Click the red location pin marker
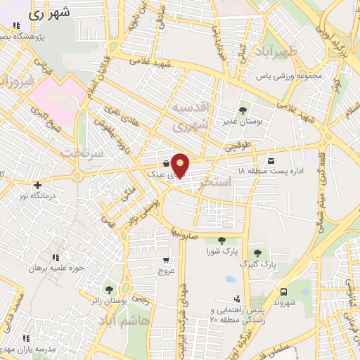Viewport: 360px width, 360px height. point(181,165)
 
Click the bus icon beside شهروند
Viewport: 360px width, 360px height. point(283,292)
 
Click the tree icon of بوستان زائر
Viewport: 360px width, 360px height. point(109,289)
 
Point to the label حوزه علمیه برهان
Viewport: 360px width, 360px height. point(56,268)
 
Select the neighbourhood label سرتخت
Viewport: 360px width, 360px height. point(82,153)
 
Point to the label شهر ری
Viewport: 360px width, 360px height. point(51,14)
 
